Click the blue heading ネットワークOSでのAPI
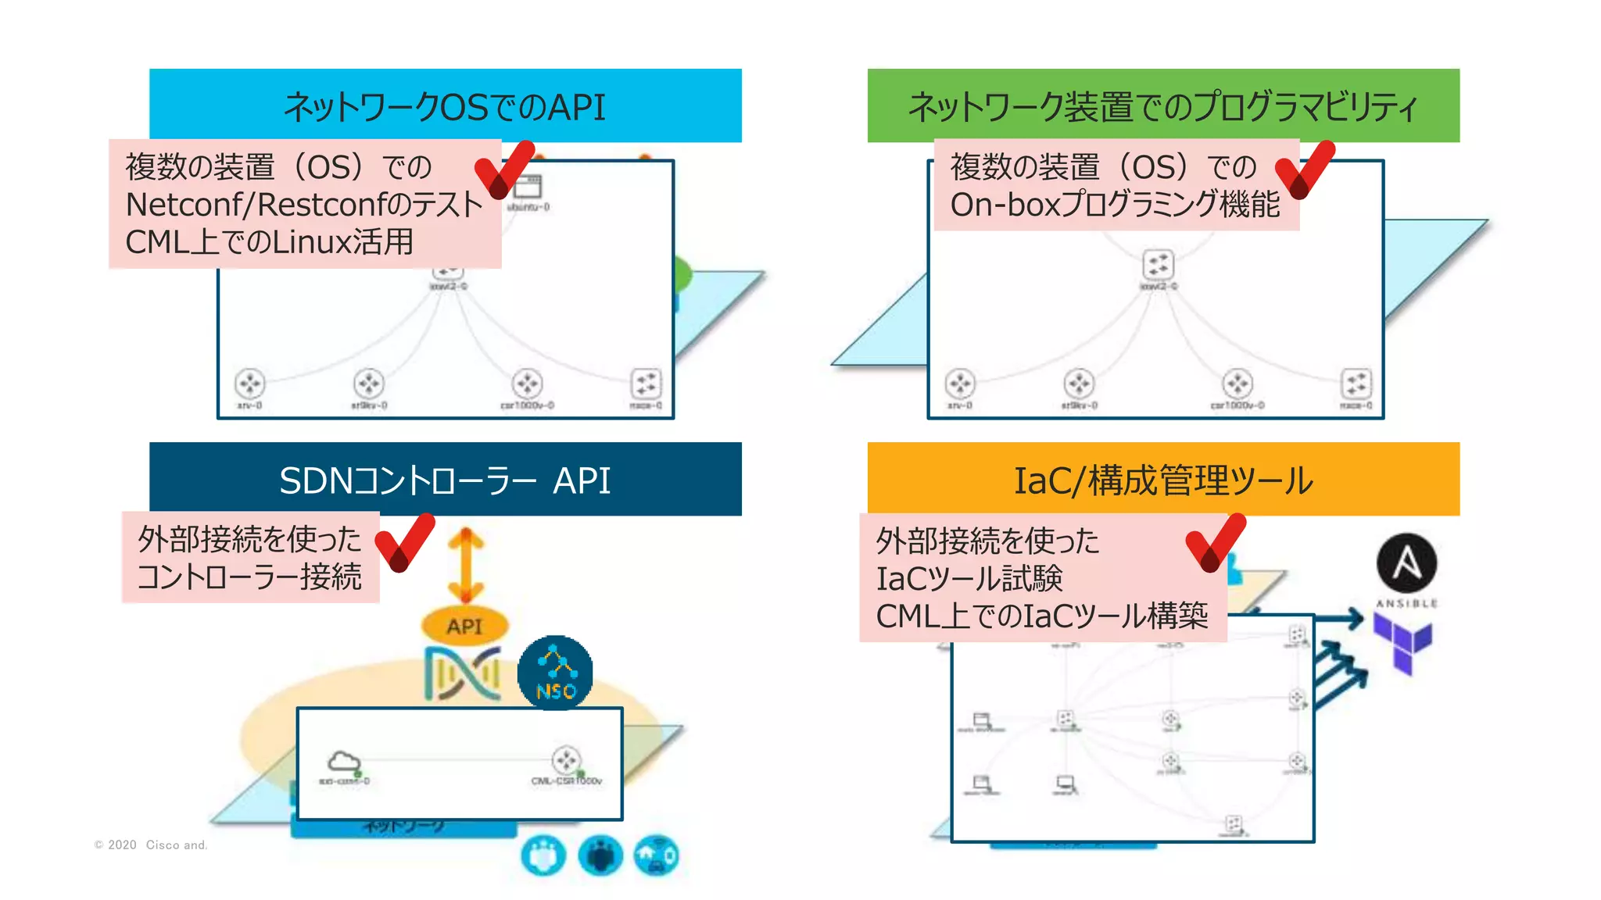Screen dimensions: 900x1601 click(x=445, y=106)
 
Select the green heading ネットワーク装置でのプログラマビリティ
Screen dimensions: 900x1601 click(x=1162, y=106)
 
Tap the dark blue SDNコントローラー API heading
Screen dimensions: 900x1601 click(x=445, y=480)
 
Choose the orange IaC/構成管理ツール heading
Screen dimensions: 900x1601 click(x=1162, y=480)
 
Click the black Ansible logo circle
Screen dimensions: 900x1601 click(x=1406, y=562)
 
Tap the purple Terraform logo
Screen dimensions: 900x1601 click(x=1404, y=642)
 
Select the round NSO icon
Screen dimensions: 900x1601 click(x=555, y=672)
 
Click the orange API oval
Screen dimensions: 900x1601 click(x=464, y=626)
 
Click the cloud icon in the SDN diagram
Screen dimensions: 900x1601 click(x=343, y=761)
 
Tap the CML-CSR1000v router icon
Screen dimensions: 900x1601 click(x=566, y=759)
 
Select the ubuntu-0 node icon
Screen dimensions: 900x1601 click(x=528, y=187)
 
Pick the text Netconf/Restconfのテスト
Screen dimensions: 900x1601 click(x=304, y=205)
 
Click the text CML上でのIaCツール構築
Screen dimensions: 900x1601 click(x=1041, y=616)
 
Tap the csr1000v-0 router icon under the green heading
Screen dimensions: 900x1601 click(x=1237, y=384)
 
